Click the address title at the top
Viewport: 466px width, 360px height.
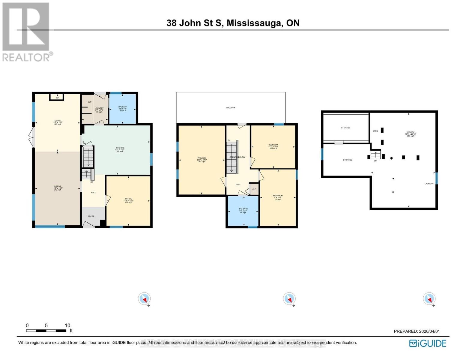click(233, 23)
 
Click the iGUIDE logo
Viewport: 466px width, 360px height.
click(428, 343)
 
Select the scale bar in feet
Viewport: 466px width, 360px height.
click(46, 330)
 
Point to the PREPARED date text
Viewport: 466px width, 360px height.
click(417, 331)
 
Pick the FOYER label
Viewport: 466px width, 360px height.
click(91, 216)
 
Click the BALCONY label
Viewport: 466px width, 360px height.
click(231, 108)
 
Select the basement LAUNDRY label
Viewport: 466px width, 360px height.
click(429, 184)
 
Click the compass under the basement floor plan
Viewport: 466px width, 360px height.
click(429, 299)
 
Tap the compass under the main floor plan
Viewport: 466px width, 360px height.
click(144, 299)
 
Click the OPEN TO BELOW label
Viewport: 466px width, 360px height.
click(237, 157)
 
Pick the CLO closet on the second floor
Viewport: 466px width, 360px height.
click(254, 189)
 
